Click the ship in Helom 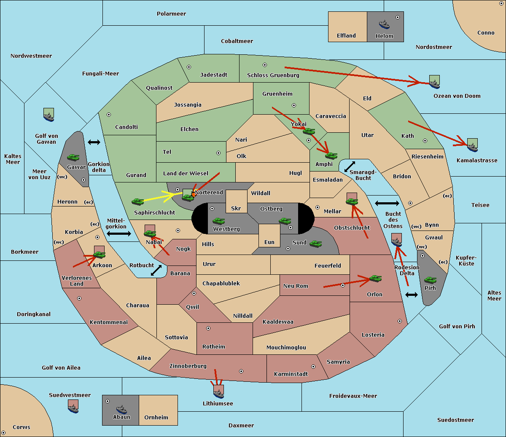tap(384, 24)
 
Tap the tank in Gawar tap(73, 157)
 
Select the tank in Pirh tap(430, 280)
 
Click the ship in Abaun tap(121, 410)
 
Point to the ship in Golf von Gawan tap(49, 117)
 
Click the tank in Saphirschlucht tap(137, 201)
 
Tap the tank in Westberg tap(218, 221)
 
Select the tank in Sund tap(315, 244)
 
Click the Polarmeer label tap(171, 14)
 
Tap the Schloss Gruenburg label tap(273, 75)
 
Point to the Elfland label tap(346, 36)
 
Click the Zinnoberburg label tap(188, 366)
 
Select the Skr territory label tap(236, 208)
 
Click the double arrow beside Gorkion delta tap(94, 142)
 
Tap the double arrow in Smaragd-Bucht tap(350, 166)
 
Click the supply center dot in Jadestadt tap(189, 67)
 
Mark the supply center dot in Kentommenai tap(79, 298)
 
